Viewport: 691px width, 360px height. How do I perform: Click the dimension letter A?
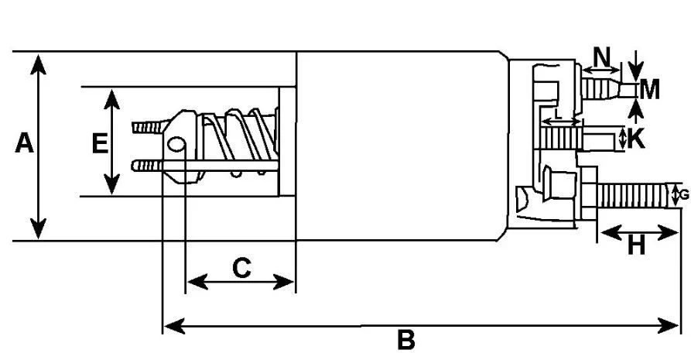pyautogui.click(x=24, y=143)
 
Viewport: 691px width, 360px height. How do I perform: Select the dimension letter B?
pyautogui.click(x=406, y=340)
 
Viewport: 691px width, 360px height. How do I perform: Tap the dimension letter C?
pyautogui.click(x=241, y=268)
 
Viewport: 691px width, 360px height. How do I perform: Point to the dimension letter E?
pyautogui.click(x=100, y=143)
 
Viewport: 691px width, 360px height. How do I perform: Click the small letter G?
pyautogui.click(x=684, y=194)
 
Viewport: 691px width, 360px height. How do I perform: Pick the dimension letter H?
pyautogui.click(x=636, y=245)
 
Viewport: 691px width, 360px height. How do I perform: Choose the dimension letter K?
pyautogui.click(x=635, y=139)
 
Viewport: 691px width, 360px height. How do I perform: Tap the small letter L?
pyautogui.click(x=558, y=115)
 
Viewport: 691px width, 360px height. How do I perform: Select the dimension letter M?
pyautogui.click(x=649, y=90)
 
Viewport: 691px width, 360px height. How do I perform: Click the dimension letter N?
pyautogui.click(x=602, y=57)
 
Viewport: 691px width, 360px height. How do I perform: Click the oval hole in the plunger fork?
pyautogui.click(x=176, y=144)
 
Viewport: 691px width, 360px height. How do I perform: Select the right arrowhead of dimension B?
pyautogui.click(x=669, y=327)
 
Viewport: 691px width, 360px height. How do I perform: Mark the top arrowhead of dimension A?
pyautogui.click(x=39, y=64)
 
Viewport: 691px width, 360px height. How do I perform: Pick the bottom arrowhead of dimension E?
pyautogui.click(x=112, y=184)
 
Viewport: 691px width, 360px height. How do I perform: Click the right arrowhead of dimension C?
pyautogui.click(x=283, y=282)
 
